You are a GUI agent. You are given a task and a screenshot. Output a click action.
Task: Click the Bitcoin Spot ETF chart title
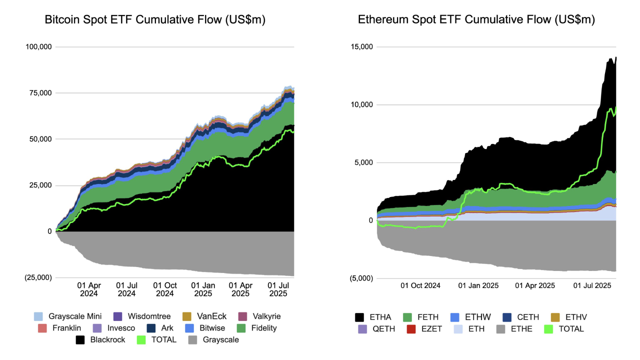click(155, 20)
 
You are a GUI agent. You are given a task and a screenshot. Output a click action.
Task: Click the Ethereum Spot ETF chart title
click(476, 20)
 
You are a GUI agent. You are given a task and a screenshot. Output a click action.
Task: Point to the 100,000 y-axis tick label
click(38, 47)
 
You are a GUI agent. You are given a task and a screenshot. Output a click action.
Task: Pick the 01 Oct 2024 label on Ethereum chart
click(420, 286)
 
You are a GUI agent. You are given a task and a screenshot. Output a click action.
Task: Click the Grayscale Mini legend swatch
click(38, 316)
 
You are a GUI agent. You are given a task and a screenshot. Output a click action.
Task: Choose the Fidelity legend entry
click(257, 328)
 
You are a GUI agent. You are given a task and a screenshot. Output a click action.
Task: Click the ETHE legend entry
click(515, 329)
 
